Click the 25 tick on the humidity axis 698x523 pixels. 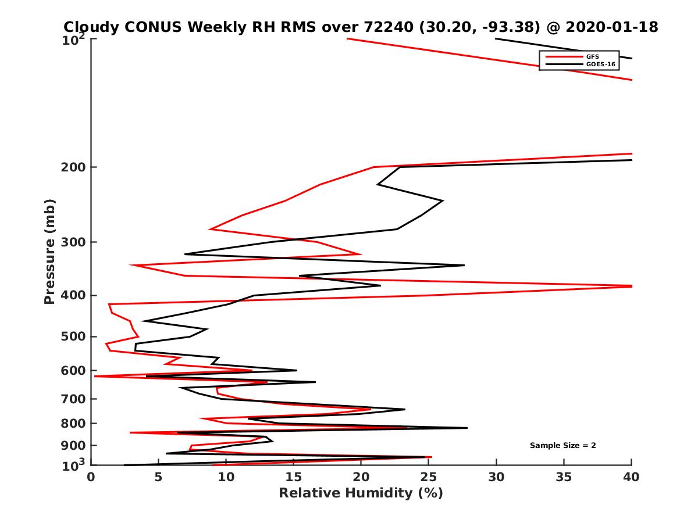coord(429,477)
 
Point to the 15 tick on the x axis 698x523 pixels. coord(294,477)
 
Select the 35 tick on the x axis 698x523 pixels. coord(564,477)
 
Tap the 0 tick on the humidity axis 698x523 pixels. coord(91,477)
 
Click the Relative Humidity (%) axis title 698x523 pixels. coord(361,493)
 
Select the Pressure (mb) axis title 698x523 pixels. coord(49,252)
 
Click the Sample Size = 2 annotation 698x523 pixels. coord(562,446)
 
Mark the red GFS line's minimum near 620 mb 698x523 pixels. coord(95,377)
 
